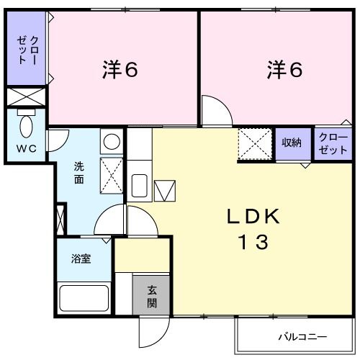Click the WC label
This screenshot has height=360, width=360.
pos(26,149)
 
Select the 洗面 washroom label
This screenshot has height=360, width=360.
pos(78,173)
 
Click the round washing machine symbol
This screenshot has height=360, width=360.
pos(111,141)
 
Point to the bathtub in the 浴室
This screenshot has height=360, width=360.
pos(84,297)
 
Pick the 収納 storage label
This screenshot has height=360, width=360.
pos(292,143)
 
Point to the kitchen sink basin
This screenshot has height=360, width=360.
pos(140,186)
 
